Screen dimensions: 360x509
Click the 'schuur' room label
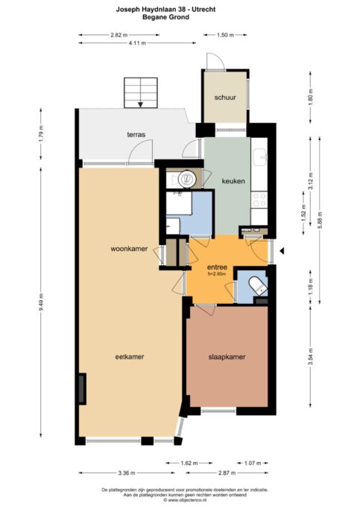point(225,98)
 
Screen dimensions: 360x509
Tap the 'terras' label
point(136,135)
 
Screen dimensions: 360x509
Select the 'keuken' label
point(233,181)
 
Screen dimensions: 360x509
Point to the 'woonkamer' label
point(129,249)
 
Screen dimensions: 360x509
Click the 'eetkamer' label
point(130,357)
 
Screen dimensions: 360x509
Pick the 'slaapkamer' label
point(227,357)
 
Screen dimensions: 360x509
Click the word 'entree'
point(217,268)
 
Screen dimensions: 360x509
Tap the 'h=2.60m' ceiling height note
point(217,274)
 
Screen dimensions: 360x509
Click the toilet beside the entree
point(258,285)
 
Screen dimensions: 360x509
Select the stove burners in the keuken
point(259,200)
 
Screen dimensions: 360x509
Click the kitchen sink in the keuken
point(259,157)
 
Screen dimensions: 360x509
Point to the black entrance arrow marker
point(282,250)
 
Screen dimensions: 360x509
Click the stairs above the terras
point(141,93)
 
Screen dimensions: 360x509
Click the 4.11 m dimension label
point(137,42)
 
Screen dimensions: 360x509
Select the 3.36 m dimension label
point(126,473)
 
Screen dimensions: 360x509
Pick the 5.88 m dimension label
point(320,220)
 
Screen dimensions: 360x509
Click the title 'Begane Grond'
point(166,17)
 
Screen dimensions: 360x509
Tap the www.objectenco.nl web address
point(185,500)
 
